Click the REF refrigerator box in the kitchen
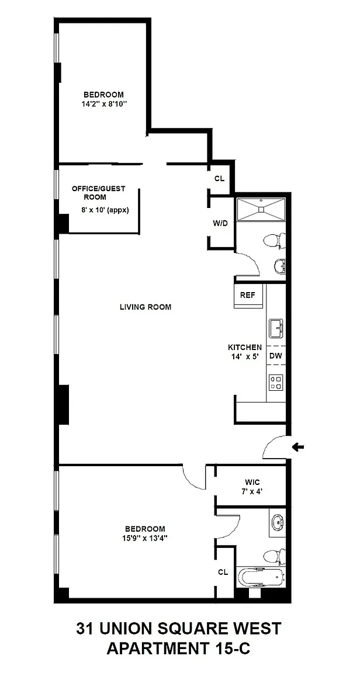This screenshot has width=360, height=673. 248,295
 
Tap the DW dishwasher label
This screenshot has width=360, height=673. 275,355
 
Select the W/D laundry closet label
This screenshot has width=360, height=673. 219,223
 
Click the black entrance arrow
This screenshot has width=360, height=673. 297,447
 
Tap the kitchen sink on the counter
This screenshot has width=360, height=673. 276,328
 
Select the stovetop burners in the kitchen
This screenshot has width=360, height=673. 275,383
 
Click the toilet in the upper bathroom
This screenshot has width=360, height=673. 274,241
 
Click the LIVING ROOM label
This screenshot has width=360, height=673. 146,307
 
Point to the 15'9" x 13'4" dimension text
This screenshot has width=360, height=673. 145,537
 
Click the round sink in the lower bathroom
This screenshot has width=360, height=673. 278,522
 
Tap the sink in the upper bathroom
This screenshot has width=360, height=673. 279,266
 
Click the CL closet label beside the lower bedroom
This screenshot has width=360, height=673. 223,572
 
